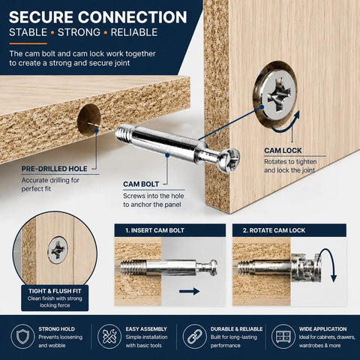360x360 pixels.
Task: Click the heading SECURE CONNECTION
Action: (x=98, y=17)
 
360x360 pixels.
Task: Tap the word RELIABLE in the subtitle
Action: (x=134, y=32)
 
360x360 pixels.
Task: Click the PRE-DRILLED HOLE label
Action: (x=54, y=169)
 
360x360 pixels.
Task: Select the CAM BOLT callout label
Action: (x=141, y=184)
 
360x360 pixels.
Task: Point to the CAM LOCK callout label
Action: (x=283, y=151)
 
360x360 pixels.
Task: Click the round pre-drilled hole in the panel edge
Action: (x=88, y=120)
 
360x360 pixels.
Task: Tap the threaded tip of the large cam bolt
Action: (x=124, y=134)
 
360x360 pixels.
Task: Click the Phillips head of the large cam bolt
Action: (x=229, y=160)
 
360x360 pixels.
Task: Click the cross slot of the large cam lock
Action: (x=280, y=95)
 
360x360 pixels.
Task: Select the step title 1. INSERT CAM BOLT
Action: (x=154, y=230)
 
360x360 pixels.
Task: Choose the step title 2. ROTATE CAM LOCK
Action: (x=274, y=230)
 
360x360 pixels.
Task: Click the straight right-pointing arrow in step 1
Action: (x=190, y=291)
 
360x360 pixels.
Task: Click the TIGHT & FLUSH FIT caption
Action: (x=55, y=291)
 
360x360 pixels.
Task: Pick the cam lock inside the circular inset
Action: (x=58, y=250)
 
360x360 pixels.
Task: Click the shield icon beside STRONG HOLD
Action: (x=22, y=336)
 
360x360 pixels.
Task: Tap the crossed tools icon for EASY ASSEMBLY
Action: (x=109, y=336)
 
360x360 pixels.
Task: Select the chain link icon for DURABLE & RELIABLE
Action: (x=194, y=336)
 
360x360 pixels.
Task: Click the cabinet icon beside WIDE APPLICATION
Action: (x=283, y=336)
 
